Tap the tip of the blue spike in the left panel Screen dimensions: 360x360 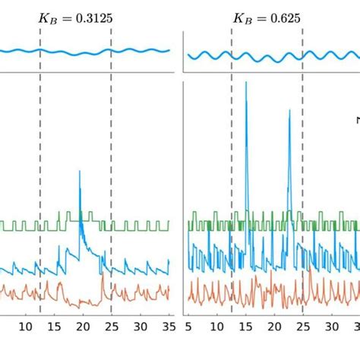(80, 172)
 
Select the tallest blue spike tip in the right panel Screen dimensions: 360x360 (246, 82)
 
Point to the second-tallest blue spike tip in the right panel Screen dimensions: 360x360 (289, 111)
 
